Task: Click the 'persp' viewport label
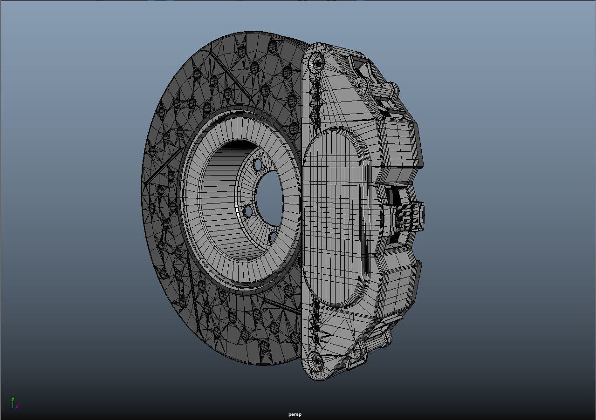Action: click(x=295, y=414)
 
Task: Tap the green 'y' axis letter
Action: click(x=13, y=399)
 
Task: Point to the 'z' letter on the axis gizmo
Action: click(x=17, y=406)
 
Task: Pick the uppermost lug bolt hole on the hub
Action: click(x=258, y=165)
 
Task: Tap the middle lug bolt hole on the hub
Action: click(x=248, y=212)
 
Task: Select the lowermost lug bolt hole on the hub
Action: click(x=273, y=238)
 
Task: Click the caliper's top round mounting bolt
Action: click(x=316, y=61)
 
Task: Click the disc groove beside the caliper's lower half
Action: click(x=282, y=305)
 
